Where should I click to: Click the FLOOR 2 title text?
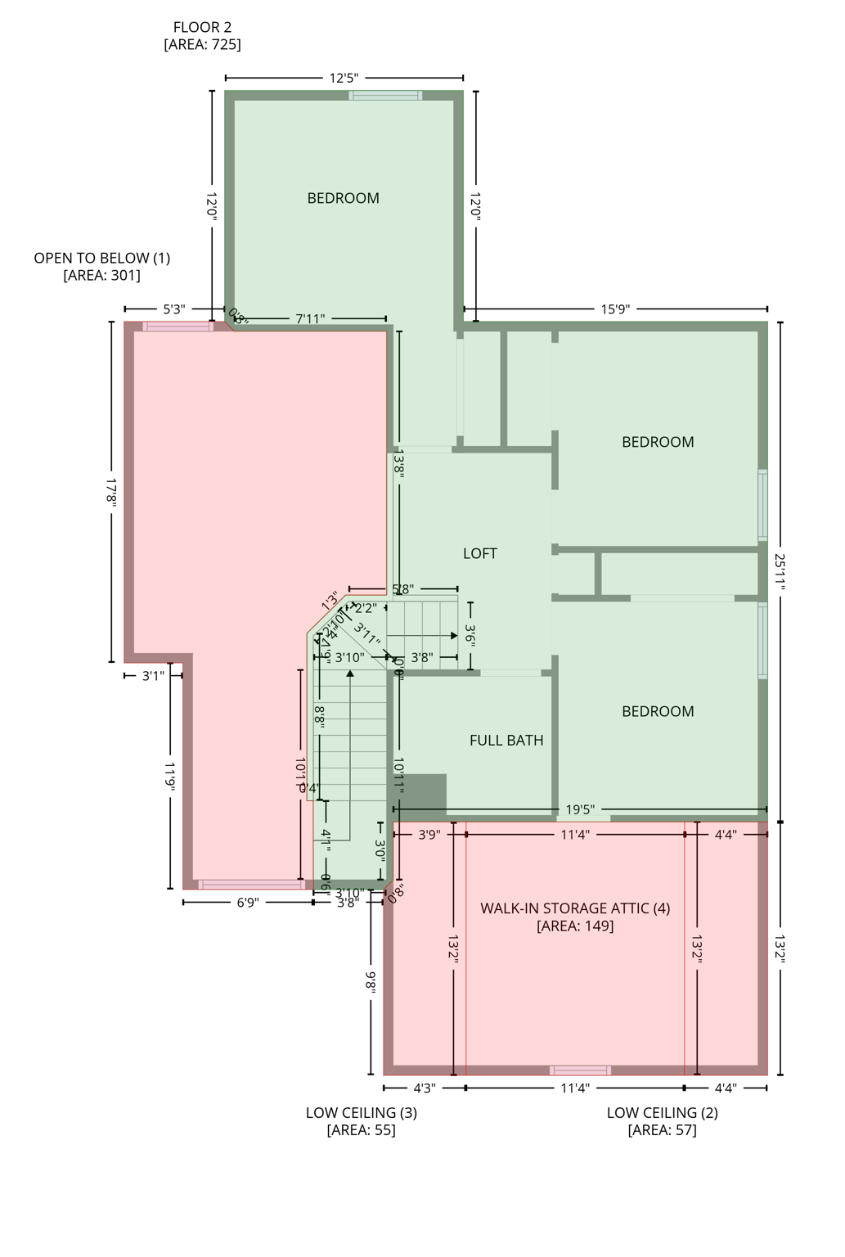click(202, 28)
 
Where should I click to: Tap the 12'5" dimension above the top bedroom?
click(344, 79)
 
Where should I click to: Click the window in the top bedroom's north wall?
click(385, 96)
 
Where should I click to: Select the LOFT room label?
click(480, 554)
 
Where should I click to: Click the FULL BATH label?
click(506, 741)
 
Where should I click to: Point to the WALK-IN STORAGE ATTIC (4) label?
click(575, 908)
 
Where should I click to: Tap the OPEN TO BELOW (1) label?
click(102, 259)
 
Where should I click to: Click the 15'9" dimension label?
click(615, 309)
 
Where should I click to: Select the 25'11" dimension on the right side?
click(780, 571)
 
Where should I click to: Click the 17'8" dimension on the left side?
click(111, 493)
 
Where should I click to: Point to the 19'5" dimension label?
click(580, 810)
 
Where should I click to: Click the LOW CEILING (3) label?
click(361, 1113)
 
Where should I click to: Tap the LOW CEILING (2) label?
click(662, 1113)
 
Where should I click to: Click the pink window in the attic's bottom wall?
click(580, 1070)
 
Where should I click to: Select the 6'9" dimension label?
click(248, 903)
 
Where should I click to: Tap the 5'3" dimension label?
click(173, 309)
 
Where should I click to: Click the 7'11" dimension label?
click(310, 319)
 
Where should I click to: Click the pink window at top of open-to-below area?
click(178, 327)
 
